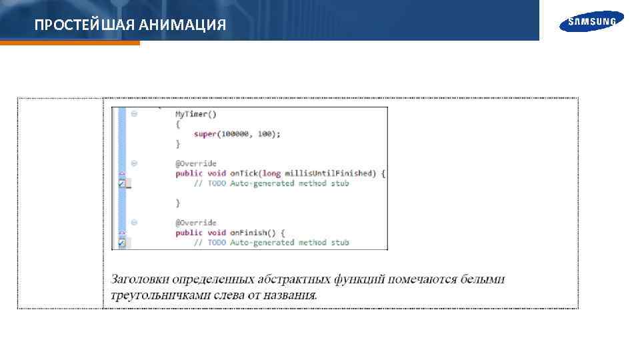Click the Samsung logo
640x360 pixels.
[592, 22]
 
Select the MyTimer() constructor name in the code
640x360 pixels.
[191, 114]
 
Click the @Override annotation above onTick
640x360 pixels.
[196, 163]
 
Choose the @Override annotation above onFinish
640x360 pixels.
[196, 223]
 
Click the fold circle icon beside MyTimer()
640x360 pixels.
[134, 114]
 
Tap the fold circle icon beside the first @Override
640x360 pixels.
[134, 163]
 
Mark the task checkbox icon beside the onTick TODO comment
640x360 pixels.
[123, 184]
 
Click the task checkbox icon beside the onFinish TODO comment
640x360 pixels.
[123, 243]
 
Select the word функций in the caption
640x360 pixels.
[361, 279]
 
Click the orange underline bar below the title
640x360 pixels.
[70, 43]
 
